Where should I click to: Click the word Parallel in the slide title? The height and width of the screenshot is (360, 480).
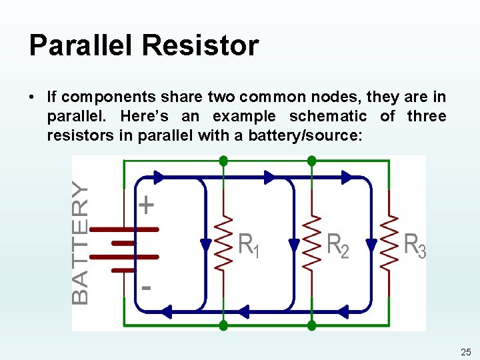point(80,45)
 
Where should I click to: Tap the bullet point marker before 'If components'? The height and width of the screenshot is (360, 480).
point(33,97)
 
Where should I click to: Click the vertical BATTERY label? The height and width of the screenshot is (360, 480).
point(80,243)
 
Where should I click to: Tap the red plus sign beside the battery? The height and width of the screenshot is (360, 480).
point(147,205)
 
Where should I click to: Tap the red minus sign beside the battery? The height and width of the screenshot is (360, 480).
point(146,288)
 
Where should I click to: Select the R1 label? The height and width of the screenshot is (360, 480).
point(249,246)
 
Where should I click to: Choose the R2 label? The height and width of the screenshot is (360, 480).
point(337,246)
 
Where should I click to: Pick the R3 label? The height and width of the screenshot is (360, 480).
point(415,246)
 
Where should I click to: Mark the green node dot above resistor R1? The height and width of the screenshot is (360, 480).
point(223,161)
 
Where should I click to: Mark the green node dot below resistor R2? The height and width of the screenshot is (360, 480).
point(311,325)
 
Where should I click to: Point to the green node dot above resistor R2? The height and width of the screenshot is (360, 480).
point(311,161)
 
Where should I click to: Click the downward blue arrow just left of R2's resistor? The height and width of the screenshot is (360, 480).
point(293,245)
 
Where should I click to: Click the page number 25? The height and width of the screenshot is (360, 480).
point(465,351)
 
